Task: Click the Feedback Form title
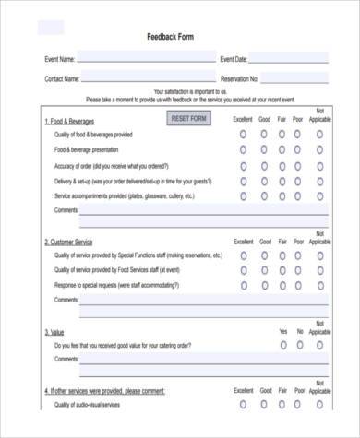point(171,38)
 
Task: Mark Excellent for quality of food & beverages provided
point(243,134)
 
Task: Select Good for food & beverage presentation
point(264,149)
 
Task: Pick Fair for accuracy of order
point(282,165)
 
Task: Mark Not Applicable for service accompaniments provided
point(319,196)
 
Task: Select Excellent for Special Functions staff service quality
point(243,255)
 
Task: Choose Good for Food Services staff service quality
point(264,270)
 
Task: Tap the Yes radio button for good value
point(282,345)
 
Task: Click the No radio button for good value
point(300,345)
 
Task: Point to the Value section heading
point(54,330)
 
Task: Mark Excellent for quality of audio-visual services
point(243,405)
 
